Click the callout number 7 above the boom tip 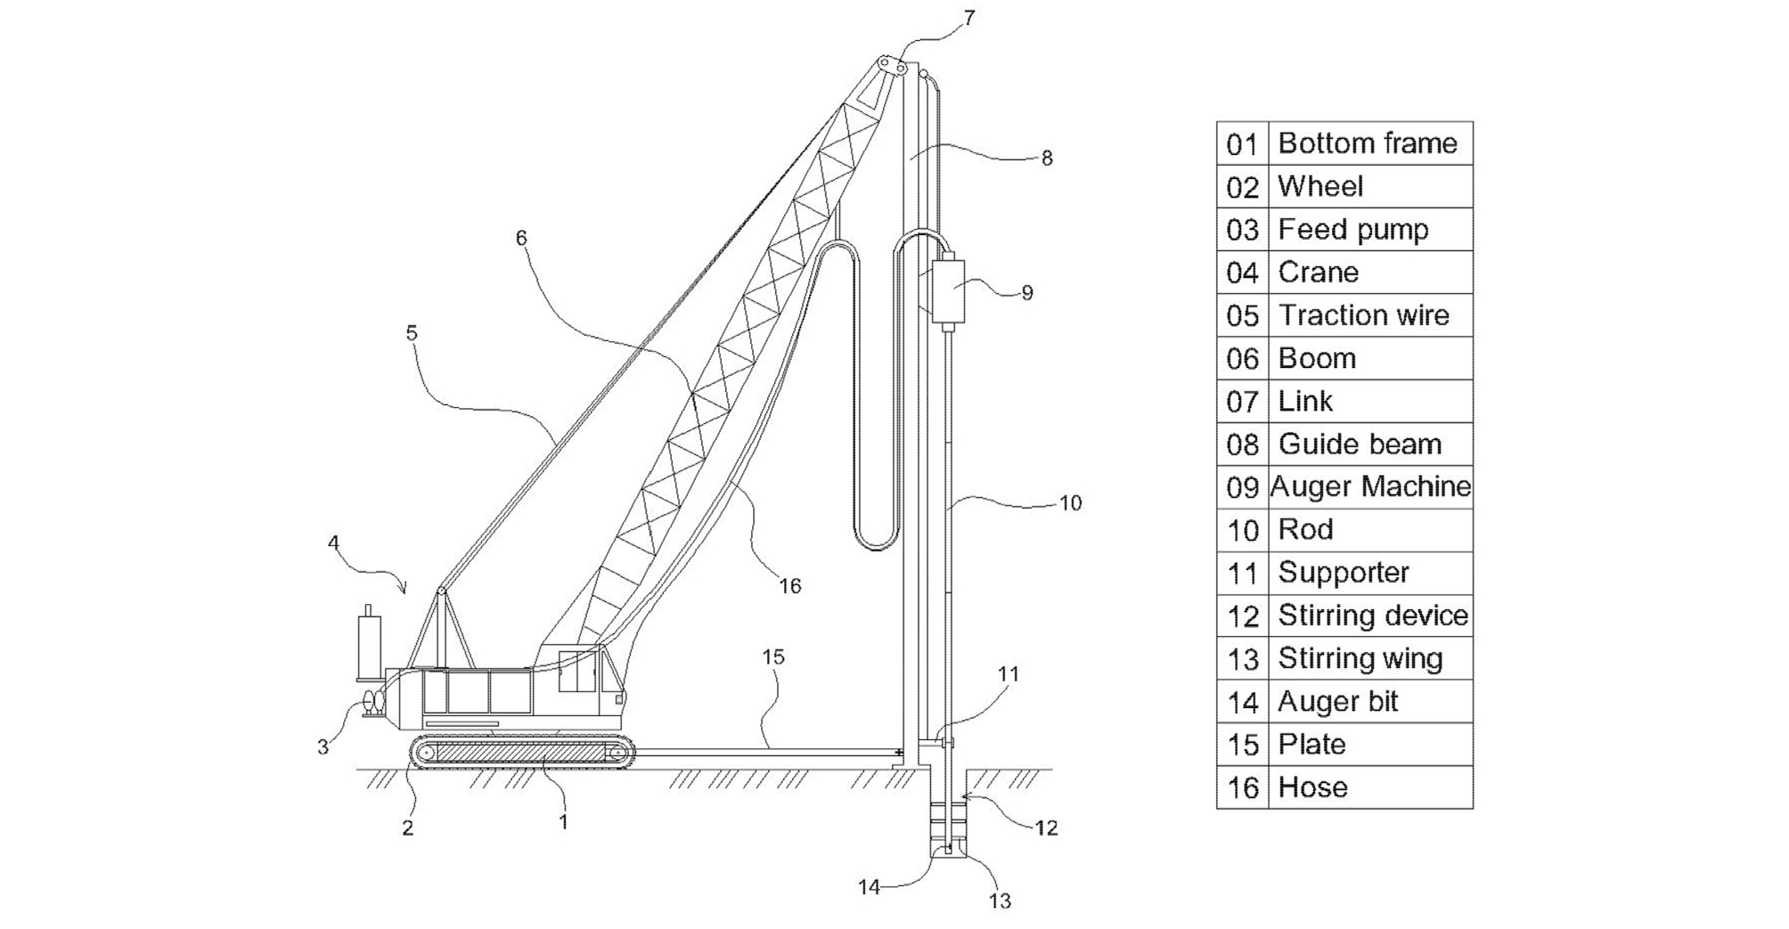pyautogui.click(x=969, y=18)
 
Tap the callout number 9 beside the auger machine pyautogui.click(x=1027, y=293)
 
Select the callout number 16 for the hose pyautogui.click(x=790, y=585)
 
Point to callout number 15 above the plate pyautogui.click(x=773, y=656)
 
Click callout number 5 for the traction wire pyautogui.click(x=411, y=333)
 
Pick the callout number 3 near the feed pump pyautogui.click(x=323, y=747)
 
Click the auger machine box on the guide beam pyautogui.click(x=948, y=290)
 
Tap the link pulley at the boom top pyautogui.click(x=891, y=66)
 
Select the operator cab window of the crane pyautogui.click(x=577, y=672)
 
